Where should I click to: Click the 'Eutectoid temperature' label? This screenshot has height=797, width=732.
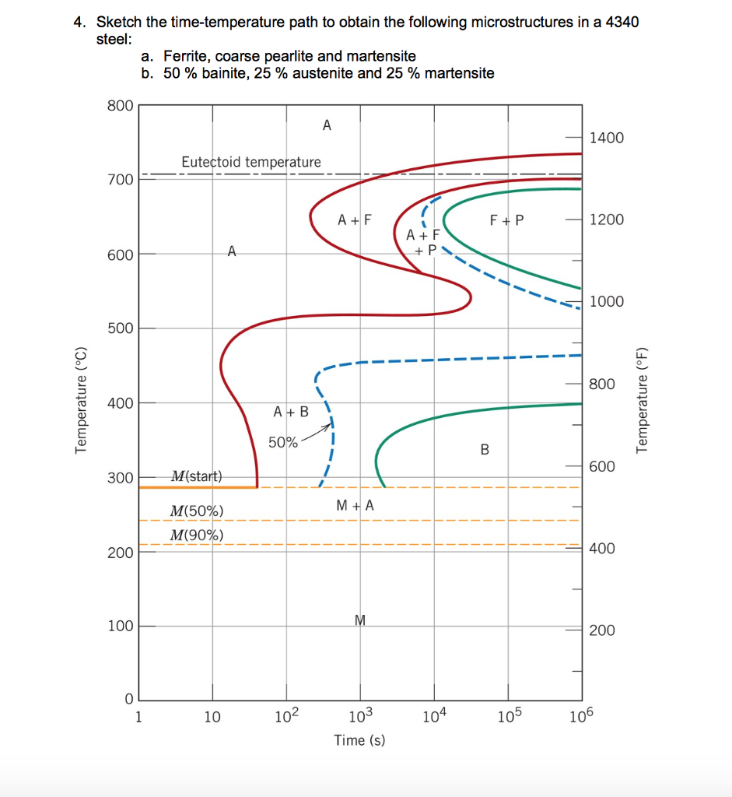pos(250,162)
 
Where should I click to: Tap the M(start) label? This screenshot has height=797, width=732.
pos(197,476)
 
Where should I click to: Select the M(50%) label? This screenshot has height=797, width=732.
pos(197,511)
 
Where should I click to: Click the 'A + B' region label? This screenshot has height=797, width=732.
pos(291,411)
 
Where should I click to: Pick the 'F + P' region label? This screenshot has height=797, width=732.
pos(507,220)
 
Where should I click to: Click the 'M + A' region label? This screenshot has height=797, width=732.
pos(355,505)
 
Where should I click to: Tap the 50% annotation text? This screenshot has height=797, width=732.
pos(282,443)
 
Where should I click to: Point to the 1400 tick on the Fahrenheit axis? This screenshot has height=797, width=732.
pos(607,139)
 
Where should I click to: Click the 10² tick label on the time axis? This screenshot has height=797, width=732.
pos(286,717)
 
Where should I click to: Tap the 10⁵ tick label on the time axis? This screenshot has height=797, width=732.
pos(509,717)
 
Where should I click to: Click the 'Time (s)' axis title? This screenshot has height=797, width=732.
pos(359,740)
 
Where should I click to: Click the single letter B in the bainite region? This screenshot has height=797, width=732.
pos(485,449)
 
